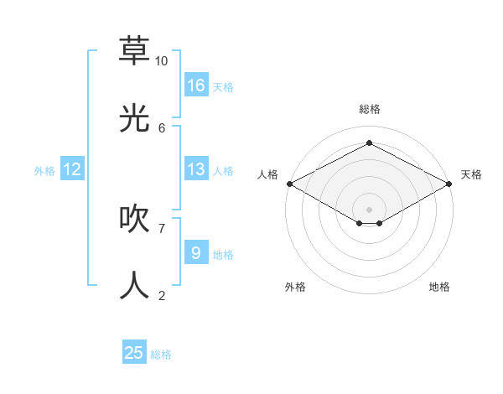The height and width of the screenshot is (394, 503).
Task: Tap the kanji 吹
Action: (134, 219)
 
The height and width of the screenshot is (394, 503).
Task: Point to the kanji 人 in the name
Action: (134, 286)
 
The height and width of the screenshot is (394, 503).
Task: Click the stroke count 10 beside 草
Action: (162, 61)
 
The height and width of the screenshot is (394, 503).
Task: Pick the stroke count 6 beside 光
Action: (162, 127)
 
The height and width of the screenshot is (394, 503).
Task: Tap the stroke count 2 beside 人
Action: (162, 295)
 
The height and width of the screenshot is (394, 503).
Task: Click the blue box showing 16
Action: (196, 85)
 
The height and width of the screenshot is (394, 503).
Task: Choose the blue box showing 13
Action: (196, 169)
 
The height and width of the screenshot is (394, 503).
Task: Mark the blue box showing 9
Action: (196, 252)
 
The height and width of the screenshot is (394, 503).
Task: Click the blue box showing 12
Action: (72, 169)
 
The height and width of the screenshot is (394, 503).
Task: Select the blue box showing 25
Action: (134, 353)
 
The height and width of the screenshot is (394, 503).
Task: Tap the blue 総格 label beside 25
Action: (161, 355)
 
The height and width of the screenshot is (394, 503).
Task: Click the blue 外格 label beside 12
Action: (44, 171)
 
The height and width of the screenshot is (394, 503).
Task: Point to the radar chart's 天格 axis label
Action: (471, 174)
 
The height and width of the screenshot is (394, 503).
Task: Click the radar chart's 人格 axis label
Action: (267, 174)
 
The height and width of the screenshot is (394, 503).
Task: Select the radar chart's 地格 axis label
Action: (439, 287)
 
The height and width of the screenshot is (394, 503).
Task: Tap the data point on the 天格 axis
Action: (450, 184)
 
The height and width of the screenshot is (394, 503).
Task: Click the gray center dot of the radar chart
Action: (369, 209)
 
